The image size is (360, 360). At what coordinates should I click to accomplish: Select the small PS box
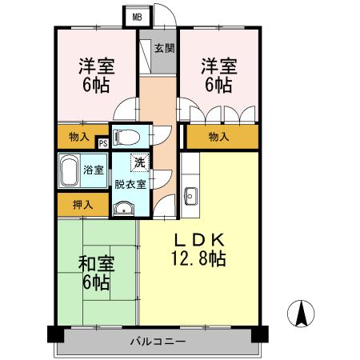(102, 143)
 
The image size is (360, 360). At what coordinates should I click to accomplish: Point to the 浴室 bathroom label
(94, 170)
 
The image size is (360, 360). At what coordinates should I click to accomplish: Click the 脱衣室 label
(129, 184)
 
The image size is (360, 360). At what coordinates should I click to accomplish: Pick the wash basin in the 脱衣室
(124, 210)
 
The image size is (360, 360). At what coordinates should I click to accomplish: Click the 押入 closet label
(83, 205)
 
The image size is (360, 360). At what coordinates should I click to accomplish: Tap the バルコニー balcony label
(158, 342)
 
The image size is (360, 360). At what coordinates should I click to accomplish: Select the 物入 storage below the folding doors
(219, 137)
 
